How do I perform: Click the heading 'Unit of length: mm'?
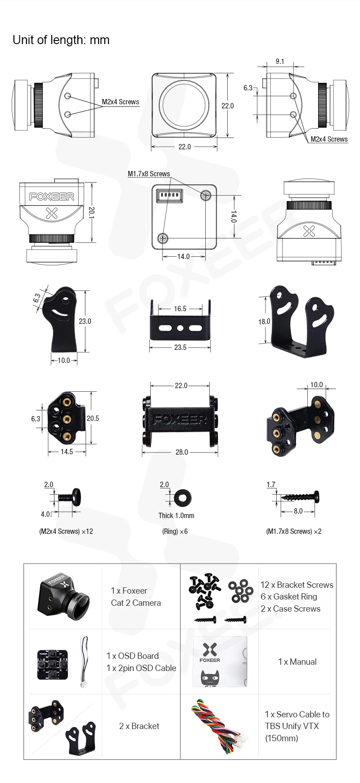tap(61, 40)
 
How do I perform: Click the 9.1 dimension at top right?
tap(280, 61)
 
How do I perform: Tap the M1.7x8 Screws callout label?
tap(148, 174)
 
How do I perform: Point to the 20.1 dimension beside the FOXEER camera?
tap(91, 212)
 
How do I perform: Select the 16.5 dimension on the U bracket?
tap(180, 309)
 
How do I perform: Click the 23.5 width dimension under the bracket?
tap(180, 347)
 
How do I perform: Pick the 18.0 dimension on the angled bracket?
tap(264, 322)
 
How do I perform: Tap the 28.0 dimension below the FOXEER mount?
tap(182, 452)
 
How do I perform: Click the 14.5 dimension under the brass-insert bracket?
tap(67, 452)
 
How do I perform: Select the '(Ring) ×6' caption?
tap(175, 531)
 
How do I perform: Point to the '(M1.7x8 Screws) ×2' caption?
tap(294, 531)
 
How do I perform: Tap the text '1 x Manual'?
tap(297, 662)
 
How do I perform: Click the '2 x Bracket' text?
tap(139, 726)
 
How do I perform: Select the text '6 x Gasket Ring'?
tap(289, 596)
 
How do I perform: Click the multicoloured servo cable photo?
tap(219, 725)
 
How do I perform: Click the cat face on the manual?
tap(210, 677)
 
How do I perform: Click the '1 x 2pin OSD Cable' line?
tap(141, 668)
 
